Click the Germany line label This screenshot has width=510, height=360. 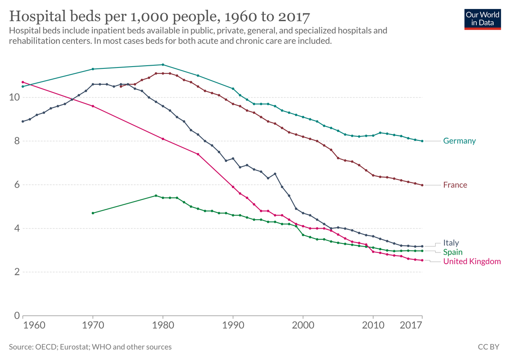pyautogui.click(x=459, y=141)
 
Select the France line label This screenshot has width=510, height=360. pyautogui.click(x=455, y=185)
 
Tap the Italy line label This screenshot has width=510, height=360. pyautogui.click(x=451, y=243)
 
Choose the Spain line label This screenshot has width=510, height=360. pyautogui.click(x=453, y=252)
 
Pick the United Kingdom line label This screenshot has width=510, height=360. pyautogui.click(x=472, y=261)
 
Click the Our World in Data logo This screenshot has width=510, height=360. pyautogui.click(x=483, y=18)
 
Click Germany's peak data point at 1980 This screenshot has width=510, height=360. pyautogui.click(x=163, y=65)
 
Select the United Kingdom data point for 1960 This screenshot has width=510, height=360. pyautogui.click(x=23, y=82)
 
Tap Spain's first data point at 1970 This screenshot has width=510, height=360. pyautogui.click(x=93, y=213)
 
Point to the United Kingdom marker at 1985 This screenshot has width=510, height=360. pyautogui.click(x=198, y=154)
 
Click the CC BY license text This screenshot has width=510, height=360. pyautogui.click(x=488, y=347)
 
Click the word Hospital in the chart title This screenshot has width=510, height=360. pyautogui.click(x=36, y=17)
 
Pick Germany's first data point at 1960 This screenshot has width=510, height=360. pyautogui.click(x=23, y=86)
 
